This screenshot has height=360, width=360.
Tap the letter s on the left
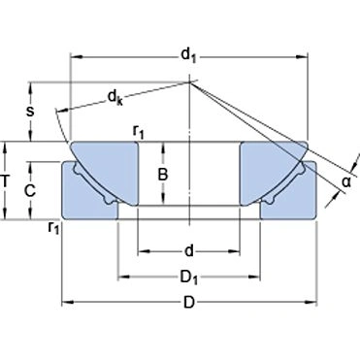(30, 112)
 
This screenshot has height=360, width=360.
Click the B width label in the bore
(163, 175)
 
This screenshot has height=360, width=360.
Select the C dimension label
(30, 191)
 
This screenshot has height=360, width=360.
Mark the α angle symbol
(346, 180)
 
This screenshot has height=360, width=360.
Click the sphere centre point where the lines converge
(188, 82)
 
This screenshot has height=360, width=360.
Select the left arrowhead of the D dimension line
(67, 302)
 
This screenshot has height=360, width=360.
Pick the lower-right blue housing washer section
(291, 199)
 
